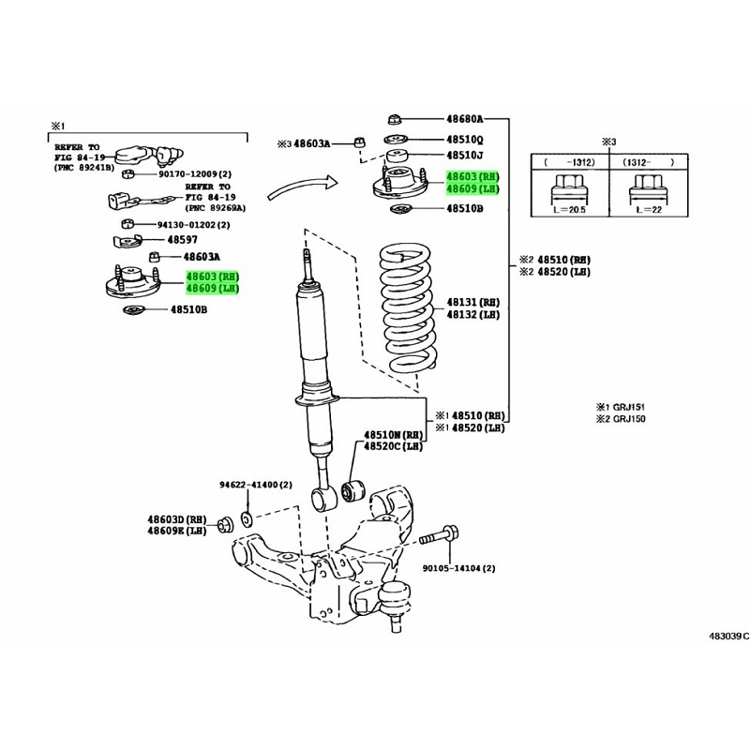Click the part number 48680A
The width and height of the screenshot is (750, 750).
pos(464,119)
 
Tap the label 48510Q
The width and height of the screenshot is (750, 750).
pos(464,140)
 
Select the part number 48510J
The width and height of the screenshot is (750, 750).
pos(464,156)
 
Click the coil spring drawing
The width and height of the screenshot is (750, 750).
pos(408,308)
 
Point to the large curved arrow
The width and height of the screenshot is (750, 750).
pos(302,186)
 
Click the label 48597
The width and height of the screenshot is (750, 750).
pos(182,240)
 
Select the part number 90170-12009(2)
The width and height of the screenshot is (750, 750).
pos(195,174)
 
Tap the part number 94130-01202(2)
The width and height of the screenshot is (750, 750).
pos(194,224)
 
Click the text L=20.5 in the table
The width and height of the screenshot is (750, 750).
pos(569,210)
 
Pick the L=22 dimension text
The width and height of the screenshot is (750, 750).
pos(648,210)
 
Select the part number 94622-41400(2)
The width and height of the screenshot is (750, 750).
pos(256,485)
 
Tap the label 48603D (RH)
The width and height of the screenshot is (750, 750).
pos(177,519)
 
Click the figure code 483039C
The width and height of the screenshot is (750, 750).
pos(728,637)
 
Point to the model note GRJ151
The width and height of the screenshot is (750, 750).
pos(629,407)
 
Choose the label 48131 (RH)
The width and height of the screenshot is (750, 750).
pos(473,302)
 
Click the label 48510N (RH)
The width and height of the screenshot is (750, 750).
pos(393,435)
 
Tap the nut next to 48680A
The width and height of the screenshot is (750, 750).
pos(393,118)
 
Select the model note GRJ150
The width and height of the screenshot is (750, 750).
pos(629,419)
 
